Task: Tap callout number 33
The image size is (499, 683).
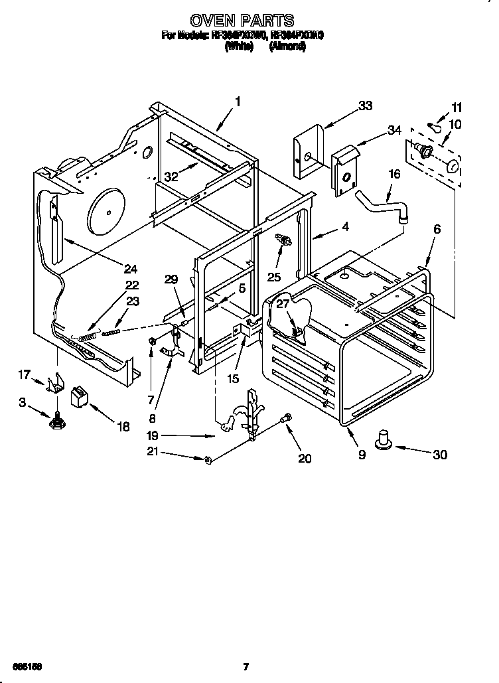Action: pos(365,106)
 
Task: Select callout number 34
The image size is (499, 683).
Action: pos(394,130)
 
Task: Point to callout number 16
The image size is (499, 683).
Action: pos(394,174)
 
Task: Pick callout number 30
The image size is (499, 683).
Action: pos(439,455)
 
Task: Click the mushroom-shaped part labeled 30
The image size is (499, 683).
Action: pos(384,441)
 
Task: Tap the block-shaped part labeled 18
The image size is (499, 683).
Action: pos(80,398)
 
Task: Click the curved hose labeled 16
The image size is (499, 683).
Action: pos(382,203)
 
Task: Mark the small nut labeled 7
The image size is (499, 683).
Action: pos(152,341)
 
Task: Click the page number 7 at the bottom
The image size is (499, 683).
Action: pos(246,666)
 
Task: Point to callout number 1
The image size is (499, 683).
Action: pos(237,102)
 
